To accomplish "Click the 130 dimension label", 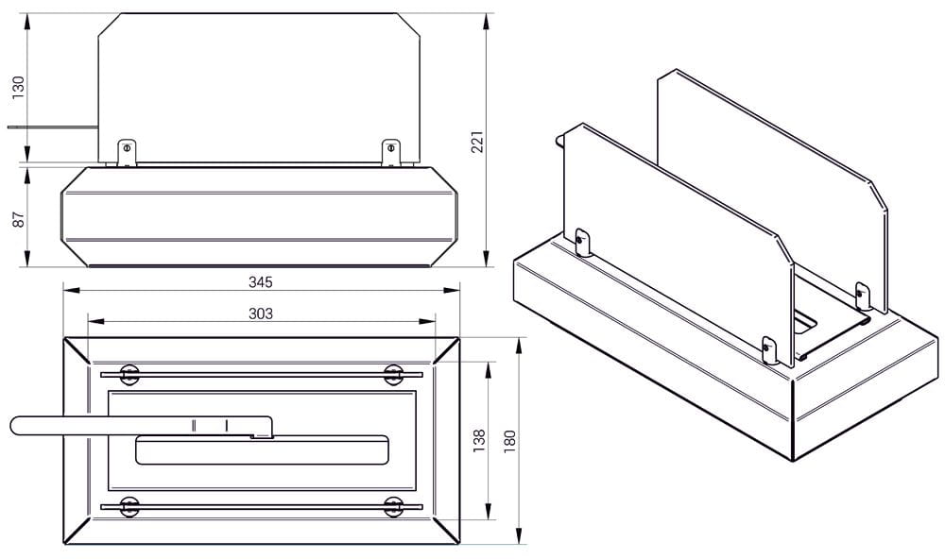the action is point(19,88).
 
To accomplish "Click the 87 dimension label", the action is point(19,220).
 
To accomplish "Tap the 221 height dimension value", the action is point(477,142).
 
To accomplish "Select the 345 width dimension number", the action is point(261,282).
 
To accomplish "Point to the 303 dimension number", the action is point(261,313).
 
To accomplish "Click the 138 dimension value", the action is point(479,441).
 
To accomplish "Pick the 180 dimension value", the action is point(510,442).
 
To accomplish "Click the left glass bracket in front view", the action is point(127,153).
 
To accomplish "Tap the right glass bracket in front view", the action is point(391,153).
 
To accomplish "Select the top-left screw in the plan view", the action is point(129,375).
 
